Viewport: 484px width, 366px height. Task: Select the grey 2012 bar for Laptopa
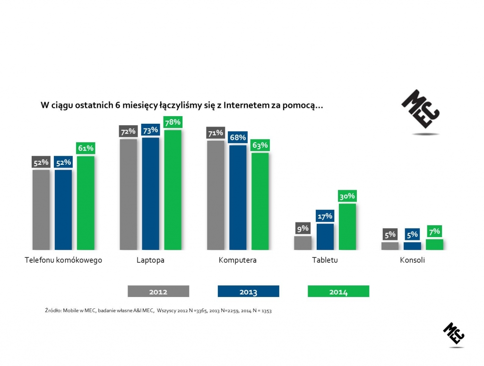129,194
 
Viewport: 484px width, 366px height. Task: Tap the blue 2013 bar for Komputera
238,197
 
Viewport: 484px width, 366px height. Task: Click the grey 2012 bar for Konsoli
390,246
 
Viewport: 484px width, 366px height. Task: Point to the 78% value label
173,122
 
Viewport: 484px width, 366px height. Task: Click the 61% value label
86,148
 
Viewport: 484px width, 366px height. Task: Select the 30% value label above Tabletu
347,196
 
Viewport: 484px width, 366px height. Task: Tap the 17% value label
325,216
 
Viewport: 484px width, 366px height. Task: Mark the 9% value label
302,229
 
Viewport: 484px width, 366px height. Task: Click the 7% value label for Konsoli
434,231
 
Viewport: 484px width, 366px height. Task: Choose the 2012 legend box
158,291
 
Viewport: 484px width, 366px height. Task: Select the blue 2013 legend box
249,291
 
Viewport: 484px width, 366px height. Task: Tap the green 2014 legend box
338,291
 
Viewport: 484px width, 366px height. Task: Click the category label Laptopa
150,260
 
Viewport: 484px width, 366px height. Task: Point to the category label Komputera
237,260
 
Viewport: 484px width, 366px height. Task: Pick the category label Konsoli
412,260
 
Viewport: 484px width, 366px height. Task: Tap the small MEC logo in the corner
454,334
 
